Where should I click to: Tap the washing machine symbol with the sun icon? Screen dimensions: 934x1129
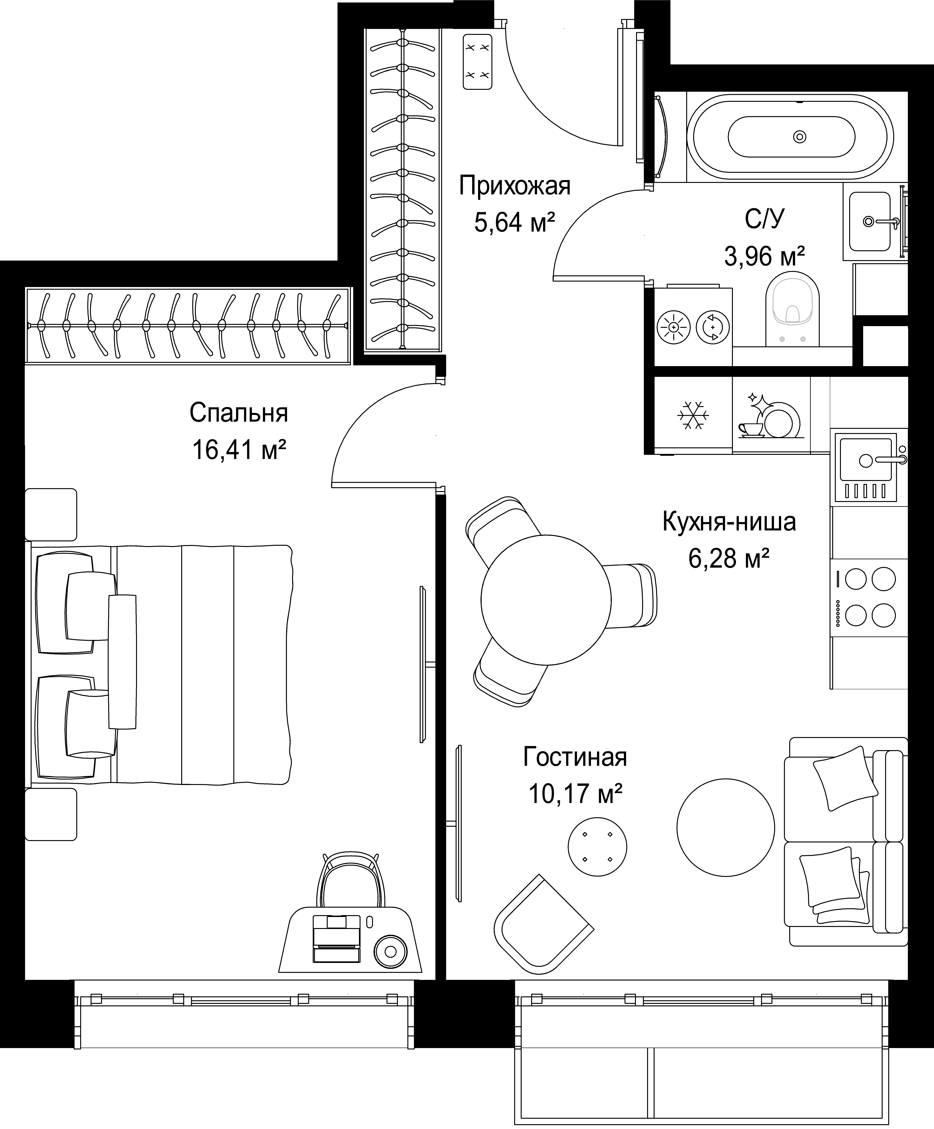pos(673,326)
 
